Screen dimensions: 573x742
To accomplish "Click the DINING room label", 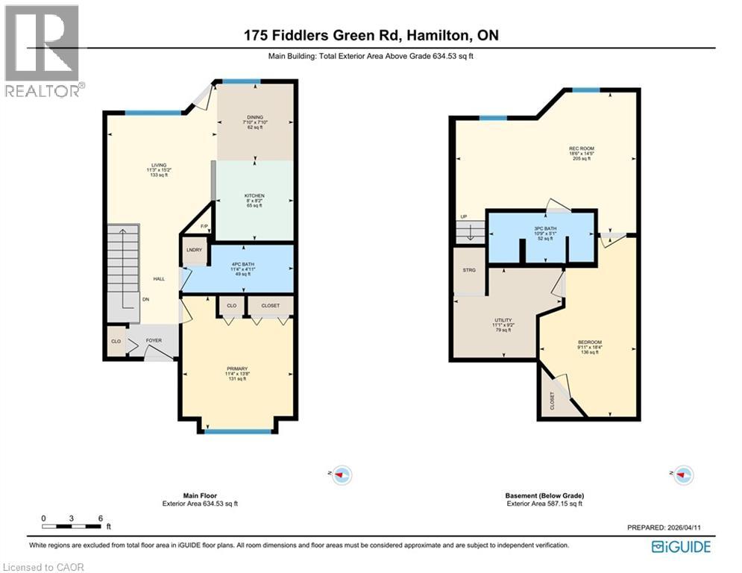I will point(255,117).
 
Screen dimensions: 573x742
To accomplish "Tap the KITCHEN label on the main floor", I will point(255,196).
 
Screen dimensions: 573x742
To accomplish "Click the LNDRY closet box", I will point(194,251).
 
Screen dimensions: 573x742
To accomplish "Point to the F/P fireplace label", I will point(204,226).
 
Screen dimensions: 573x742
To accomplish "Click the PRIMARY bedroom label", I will point(237,369).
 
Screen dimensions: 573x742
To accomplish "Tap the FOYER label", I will point(154,341).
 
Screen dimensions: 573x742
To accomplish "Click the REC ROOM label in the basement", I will point(582,148).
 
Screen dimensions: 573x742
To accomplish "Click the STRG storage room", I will point(469,270).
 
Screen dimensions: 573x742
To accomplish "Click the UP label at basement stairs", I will point(465,218).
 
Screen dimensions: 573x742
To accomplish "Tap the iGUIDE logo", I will point(681,547).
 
